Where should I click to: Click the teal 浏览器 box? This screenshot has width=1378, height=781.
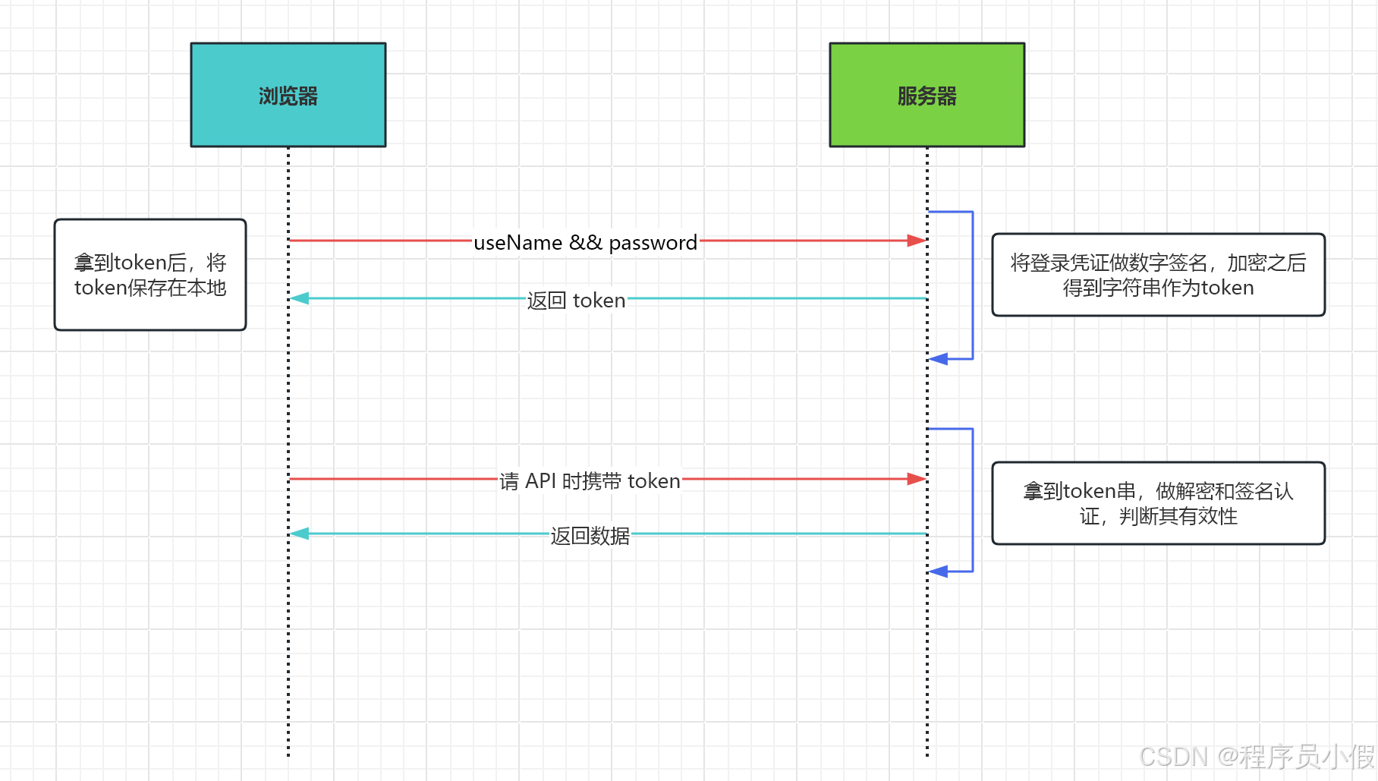point(288,95)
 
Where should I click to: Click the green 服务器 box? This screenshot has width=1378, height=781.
point(927,95)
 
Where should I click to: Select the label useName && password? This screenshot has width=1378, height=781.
point(584,242)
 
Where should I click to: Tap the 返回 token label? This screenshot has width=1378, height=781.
point(576,301)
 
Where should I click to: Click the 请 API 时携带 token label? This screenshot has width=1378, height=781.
point(590,480)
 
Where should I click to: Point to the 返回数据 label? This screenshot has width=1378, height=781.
point(590,536)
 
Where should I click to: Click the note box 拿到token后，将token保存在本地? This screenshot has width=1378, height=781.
point(150,275)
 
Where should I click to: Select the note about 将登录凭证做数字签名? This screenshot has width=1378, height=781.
point(1158,275)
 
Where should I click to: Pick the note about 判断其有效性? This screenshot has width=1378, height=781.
point(1158,503)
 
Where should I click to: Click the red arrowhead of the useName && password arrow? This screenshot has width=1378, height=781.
point(917,241)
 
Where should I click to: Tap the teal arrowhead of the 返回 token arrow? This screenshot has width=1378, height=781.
point(300,298)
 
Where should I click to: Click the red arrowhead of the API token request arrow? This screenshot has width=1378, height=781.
point(917,479)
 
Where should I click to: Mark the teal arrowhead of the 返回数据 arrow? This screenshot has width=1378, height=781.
point(300,534)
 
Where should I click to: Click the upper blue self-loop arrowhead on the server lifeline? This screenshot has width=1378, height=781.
point(939,359)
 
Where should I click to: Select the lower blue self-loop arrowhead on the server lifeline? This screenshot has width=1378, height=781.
point(939,572)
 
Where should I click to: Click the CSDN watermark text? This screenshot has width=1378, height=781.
point(1256,757)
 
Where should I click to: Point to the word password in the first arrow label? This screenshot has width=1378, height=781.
point(653,243)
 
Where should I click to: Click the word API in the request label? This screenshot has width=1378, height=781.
point(540,480)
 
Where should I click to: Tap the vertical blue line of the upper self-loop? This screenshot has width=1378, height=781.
point(973,285)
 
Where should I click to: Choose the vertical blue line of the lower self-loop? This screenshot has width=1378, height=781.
point(973,501)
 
